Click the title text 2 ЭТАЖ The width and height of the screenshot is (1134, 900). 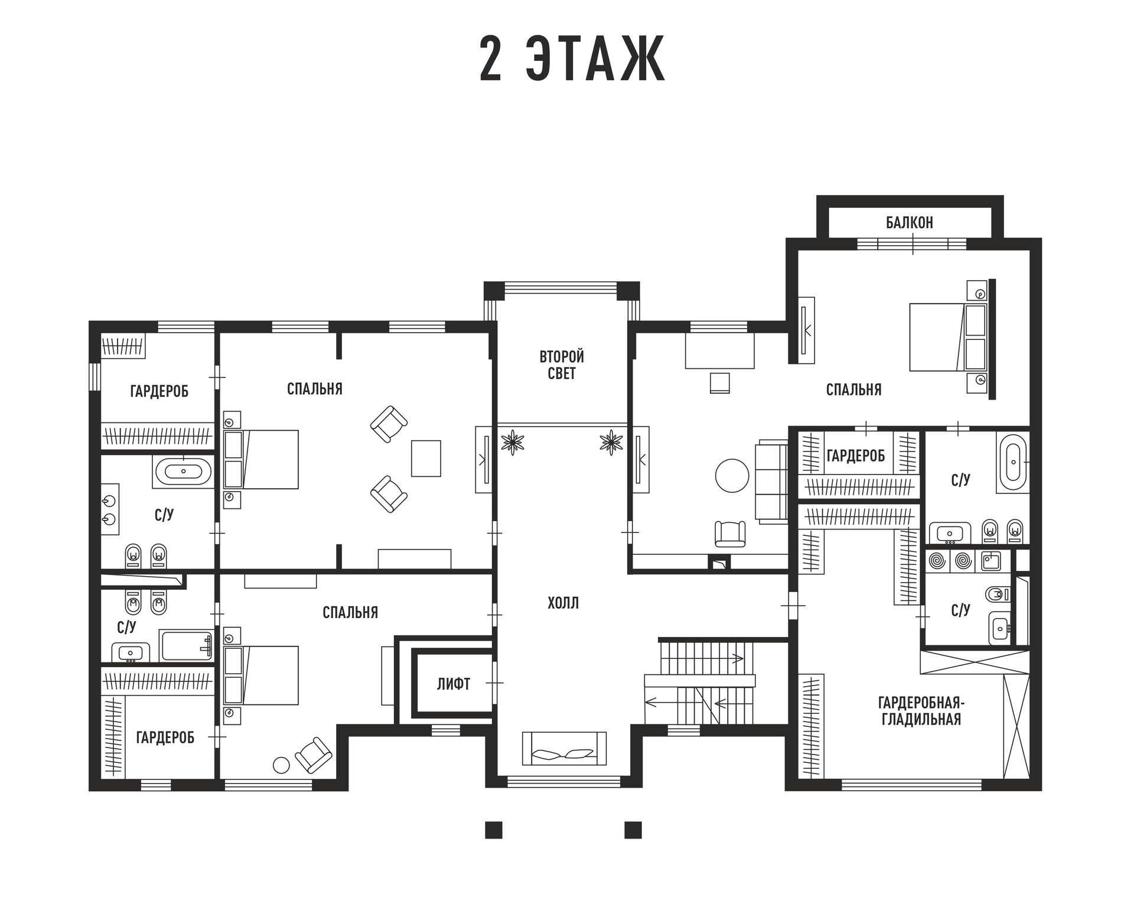(572, 59)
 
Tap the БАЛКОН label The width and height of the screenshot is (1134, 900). (909, 223)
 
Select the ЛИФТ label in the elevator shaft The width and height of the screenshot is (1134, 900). (454, 684)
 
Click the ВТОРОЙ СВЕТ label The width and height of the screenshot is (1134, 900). (562, 365)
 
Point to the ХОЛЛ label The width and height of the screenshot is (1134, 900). (563, 603)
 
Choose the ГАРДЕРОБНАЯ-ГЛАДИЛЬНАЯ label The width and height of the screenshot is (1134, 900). (921, 711)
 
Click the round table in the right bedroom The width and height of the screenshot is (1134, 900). (732, 476)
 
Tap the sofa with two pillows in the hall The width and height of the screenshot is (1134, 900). (564, 748)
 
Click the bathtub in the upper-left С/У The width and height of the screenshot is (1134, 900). (184, 472)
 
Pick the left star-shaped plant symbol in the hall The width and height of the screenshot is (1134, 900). (512, 442)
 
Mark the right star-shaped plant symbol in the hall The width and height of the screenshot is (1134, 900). (611, 442)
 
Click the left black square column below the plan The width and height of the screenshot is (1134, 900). (494, 830)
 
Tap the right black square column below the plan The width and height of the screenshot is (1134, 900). (633, 830)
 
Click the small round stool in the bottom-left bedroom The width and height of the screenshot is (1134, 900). (281, 765)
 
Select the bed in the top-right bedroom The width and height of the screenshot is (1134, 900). (949, 337)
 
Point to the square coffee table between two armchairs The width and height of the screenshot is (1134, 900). (426, 458)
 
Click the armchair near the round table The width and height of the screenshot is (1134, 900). (730, 534)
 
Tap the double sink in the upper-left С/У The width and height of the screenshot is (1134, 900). (109, 509)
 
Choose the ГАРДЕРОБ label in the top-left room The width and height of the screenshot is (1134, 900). (159, 391)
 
